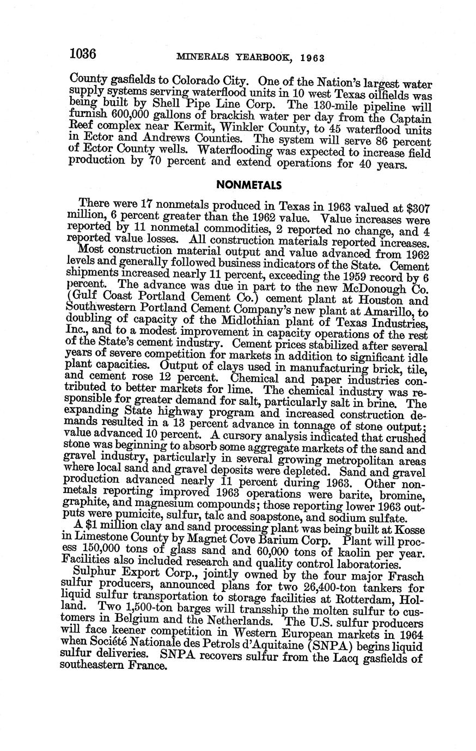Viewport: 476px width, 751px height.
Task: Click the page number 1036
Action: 83,54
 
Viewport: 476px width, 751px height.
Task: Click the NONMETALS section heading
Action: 249,184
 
